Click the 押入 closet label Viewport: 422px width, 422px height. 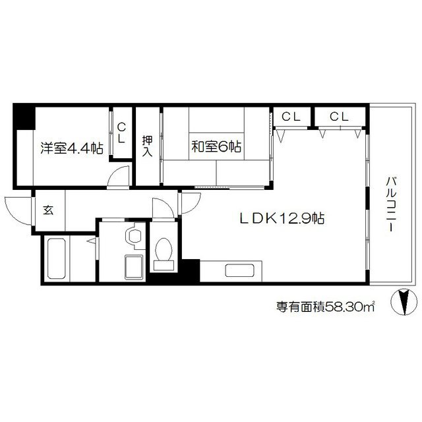148,146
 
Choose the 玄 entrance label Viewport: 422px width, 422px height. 48,211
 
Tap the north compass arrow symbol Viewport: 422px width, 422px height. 404,303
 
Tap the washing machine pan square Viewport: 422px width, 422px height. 135,268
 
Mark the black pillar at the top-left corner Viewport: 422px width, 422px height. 24,117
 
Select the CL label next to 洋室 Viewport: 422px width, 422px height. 122,133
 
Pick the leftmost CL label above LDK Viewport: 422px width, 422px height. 291,117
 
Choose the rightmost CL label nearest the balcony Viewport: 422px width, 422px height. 339,117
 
